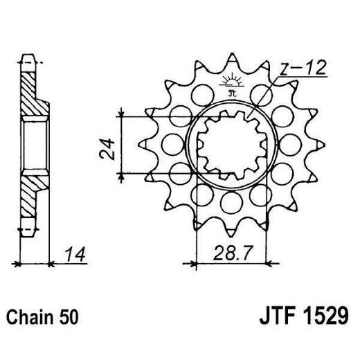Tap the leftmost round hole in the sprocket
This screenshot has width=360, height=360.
click(170, 143)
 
